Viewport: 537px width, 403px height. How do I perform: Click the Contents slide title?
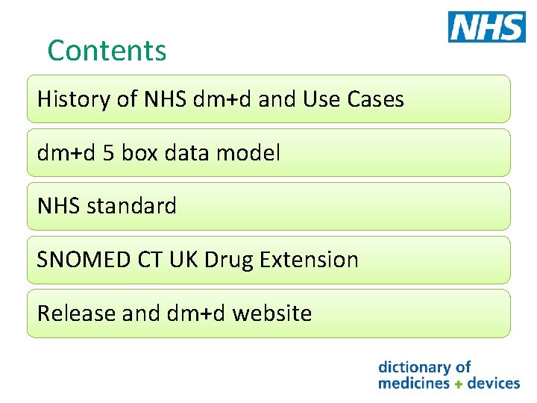click(x=107, y=51)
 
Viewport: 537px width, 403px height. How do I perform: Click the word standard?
click(x=131, y=206)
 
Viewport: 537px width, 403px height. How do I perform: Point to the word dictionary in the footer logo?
click(x=416, y=366)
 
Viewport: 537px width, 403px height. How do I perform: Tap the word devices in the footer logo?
click(x=493, y=383)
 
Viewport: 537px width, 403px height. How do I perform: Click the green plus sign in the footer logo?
click(x=459, y=384)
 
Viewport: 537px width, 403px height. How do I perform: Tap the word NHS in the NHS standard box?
click(x=60, y=206)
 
